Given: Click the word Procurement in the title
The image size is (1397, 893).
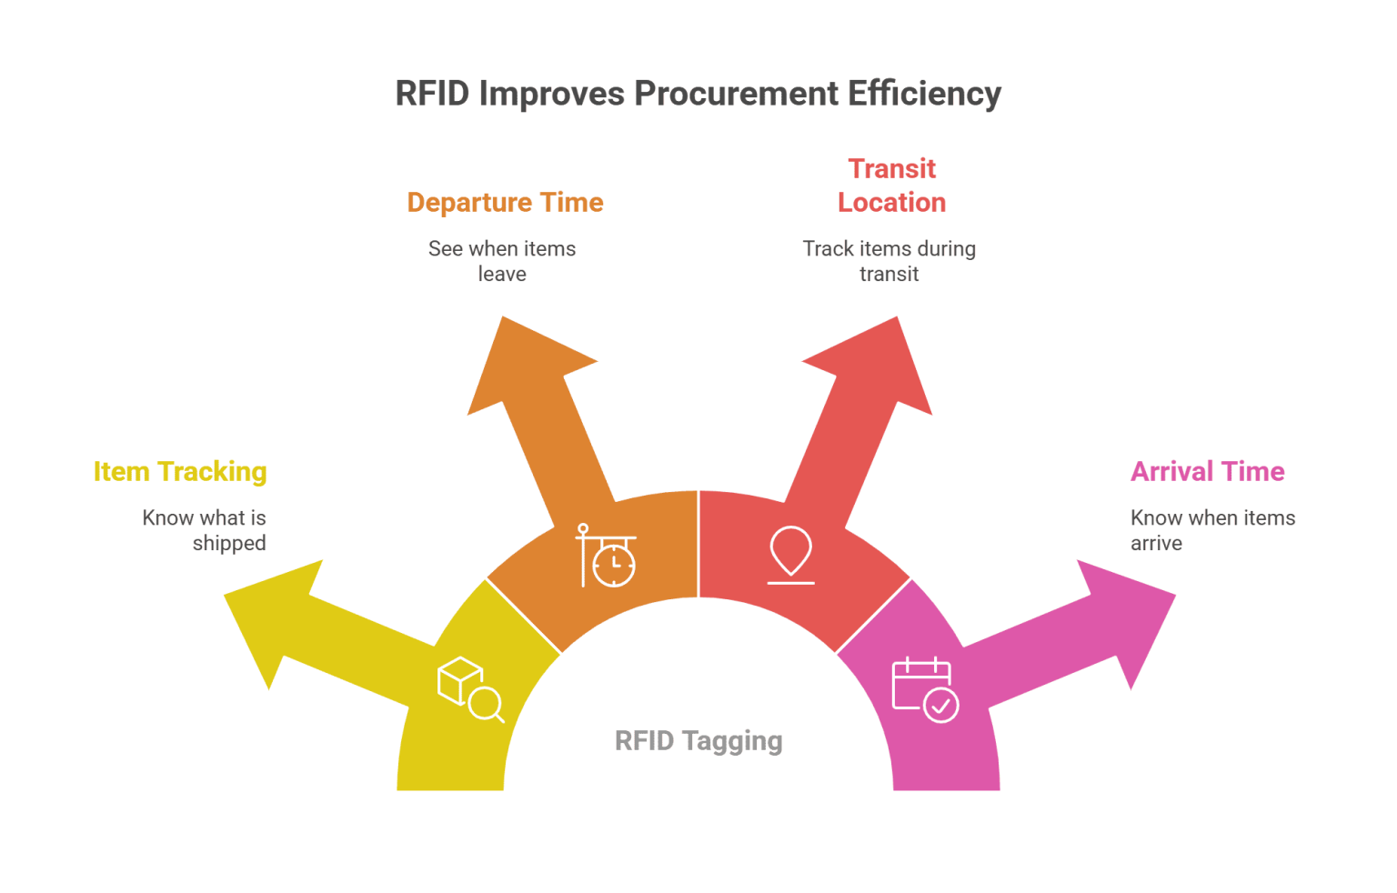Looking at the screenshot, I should click(737, 95).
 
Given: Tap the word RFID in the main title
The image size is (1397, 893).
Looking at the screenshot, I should click(432, 95).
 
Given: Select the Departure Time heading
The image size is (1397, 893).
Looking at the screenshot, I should click(505, 203).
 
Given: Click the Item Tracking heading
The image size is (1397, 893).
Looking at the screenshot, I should click(180, 472).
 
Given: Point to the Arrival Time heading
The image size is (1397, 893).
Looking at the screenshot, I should click(1207, 472).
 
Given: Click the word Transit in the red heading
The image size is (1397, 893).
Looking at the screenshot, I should click(891, 169).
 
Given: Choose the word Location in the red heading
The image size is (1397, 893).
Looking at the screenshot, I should click(891, 203).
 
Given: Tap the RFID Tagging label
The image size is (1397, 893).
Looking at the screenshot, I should click(698, 741).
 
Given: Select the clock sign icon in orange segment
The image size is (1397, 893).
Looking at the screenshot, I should click(606, 556).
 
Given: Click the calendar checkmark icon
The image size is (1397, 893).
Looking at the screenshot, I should click(925, 690).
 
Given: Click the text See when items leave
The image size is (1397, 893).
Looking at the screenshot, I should click(502, 261).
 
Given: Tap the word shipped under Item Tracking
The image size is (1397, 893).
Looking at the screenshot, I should click(229, 544).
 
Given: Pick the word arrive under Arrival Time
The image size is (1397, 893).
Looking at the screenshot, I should click(1156, 544).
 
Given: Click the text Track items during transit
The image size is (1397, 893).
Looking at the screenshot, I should click(889, 261).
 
